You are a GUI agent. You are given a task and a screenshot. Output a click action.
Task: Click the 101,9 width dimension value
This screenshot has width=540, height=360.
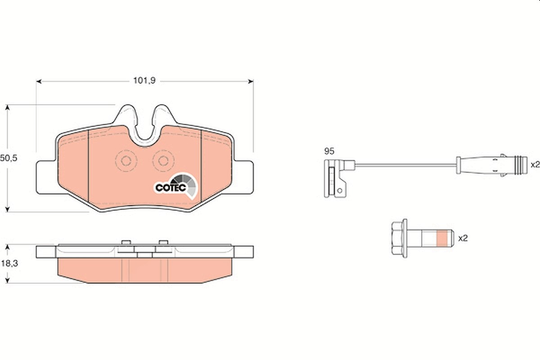[144, 81]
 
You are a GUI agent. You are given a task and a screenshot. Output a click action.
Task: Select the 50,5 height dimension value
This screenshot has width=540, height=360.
[9, 158]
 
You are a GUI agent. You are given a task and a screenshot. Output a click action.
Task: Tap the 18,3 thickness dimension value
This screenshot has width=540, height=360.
[9, 263]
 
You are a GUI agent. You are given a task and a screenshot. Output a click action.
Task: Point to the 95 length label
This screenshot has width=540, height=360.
[329, 152]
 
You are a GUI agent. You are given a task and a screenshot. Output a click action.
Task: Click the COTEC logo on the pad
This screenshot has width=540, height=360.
[176, 186]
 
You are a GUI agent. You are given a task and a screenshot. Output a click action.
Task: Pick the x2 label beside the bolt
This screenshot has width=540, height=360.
[463, 238]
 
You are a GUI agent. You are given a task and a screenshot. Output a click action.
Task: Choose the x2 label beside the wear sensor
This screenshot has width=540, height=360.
[535, 165]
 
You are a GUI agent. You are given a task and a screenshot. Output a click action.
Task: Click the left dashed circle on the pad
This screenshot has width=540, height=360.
[126, 161]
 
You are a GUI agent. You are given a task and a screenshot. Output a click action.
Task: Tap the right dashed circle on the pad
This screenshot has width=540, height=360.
[163, 161]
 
